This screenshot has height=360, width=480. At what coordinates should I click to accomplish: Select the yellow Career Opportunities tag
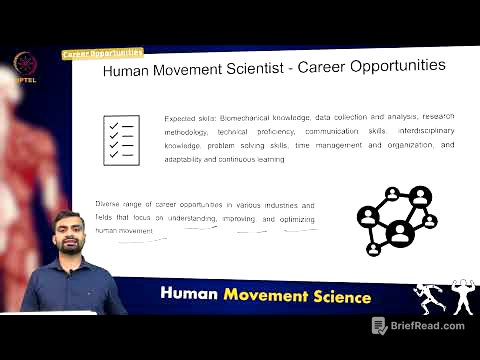pyautogui.click(x=102, y=53)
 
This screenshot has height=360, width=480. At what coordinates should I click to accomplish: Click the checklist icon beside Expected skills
pyautogui.click(x=122, y=139)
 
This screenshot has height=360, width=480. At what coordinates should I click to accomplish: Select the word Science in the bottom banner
pyautogui.click(x=339, y=297)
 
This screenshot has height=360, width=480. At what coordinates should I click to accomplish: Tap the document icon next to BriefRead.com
pyautogui.click(x=379, y=326)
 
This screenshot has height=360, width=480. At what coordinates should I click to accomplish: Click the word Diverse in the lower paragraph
pyautogui.click(x=110, y=204)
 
